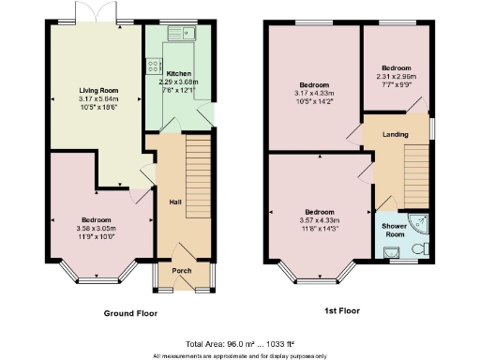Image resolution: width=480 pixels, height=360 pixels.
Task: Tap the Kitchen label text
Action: click(179, 73)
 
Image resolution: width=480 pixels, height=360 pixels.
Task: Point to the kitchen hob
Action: click(153, 67)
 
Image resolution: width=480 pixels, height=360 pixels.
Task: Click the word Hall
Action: click(174, 202)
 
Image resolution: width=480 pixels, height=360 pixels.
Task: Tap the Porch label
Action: click(182, 272)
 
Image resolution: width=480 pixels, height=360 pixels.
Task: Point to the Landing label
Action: click(395, 135)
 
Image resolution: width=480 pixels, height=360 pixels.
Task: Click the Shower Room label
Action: click(395, 230)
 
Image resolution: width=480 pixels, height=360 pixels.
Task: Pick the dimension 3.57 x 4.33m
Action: click(319, 219)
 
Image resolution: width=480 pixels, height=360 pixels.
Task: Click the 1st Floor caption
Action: click(342, 310)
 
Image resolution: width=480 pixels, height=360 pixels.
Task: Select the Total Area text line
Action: click(240, 345)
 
